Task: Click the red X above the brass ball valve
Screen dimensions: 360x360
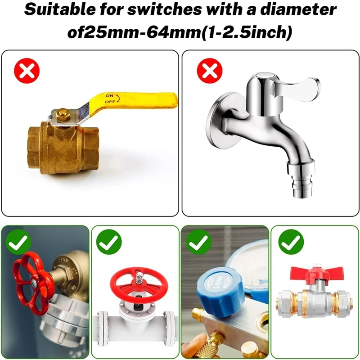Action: tap(27, 71)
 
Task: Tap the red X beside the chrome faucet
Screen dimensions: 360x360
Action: tap(210, 71)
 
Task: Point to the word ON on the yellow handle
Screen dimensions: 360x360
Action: tap(109, 96)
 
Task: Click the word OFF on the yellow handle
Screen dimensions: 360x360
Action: tap(110, 102)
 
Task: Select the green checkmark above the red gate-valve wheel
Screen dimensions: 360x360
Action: tap(19, 242)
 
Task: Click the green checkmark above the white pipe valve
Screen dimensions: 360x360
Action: tap(109, 242)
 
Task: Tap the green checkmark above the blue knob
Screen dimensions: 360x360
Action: tap(198, 242)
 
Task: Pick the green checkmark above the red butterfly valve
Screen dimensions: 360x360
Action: tap(291, 242)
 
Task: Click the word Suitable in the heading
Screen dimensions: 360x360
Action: tap(60, 9)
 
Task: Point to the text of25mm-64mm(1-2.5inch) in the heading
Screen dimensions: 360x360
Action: tap(180, 33)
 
